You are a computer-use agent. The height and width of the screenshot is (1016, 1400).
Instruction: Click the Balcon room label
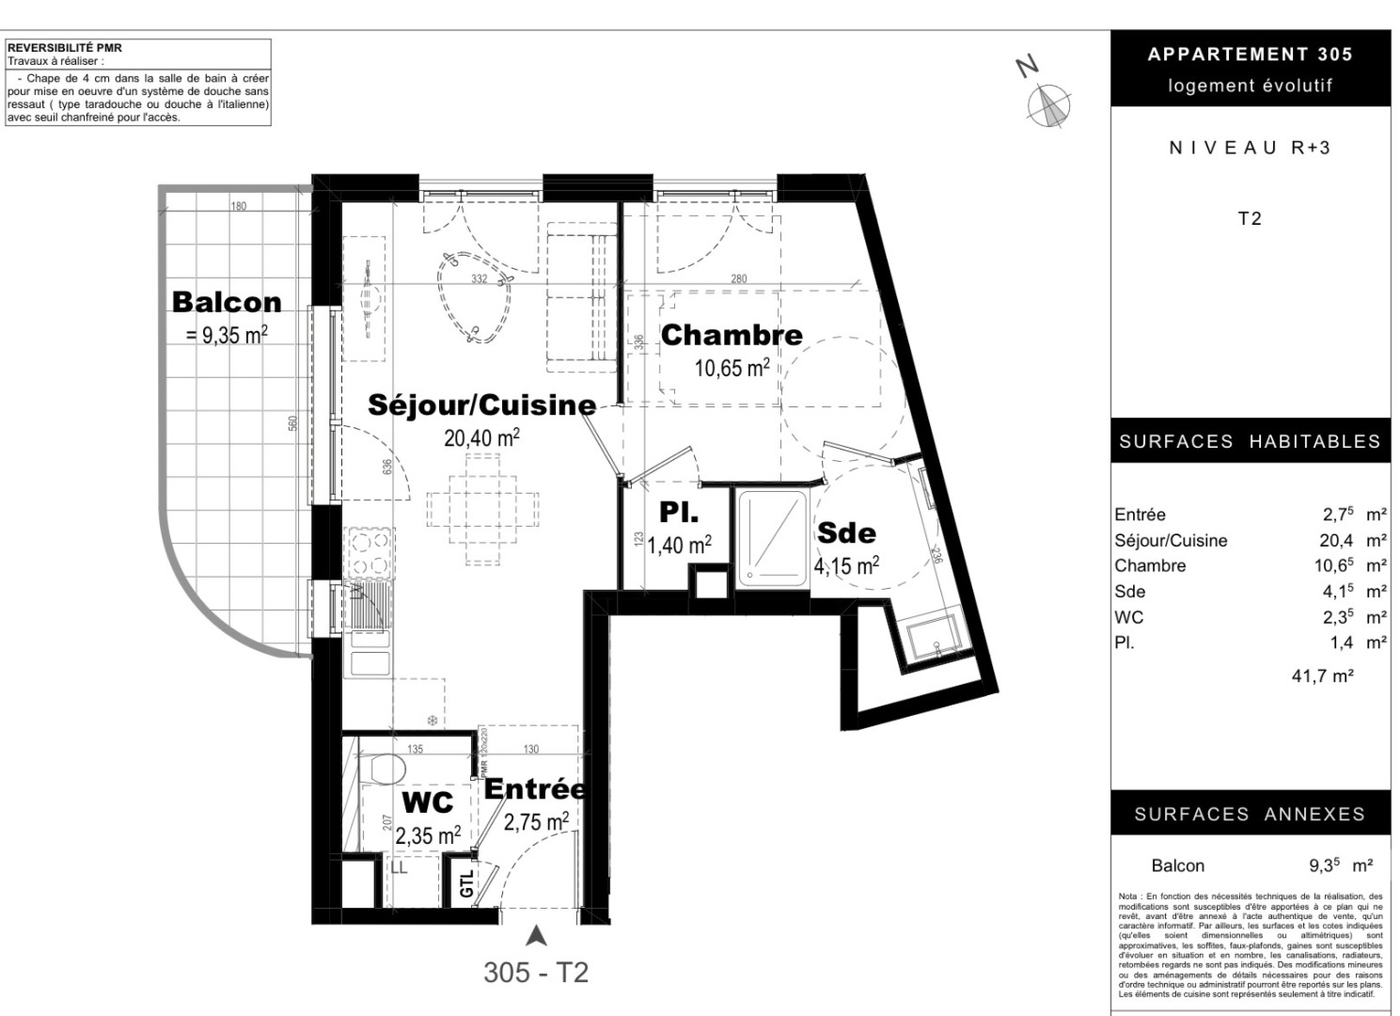coord(227,302)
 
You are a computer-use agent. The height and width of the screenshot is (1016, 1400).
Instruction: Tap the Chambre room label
coord(731,335)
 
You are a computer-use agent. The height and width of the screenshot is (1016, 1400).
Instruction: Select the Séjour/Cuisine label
coord(481,405)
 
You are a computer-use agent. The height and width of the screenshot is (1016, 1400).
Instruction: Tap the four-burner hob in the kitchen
coord(369,553)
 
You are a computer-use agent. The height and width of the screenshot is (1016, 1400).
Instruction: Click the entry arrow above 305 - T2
coord(536,935)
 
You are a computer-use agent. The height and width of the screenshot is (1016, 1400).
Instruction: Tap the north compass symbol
coord(1049,105)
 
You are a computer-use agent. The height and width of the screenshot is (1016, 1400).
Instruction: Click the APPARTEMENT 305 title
coord(1250,55)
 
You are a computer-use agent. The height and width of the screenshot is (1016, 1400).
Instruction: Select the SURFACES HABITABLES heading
coord(1250,441)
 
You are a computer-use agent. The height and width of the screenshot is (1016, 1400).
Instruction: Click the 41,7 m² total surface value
coord(1322,675)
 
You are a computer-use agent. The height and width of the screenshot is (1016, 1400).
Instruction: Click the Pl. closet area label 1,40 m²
coord(679,544)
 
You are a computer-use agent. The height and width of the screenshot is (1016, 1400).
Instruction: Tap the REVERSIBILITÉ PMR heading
coord(65,48)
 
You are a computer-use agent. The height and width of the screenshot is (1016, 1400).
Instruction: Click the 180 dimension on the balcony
coord(239,206)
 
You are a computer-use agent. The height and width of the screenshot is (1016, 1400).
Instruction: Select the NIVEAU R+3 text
coord(1250,148)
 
